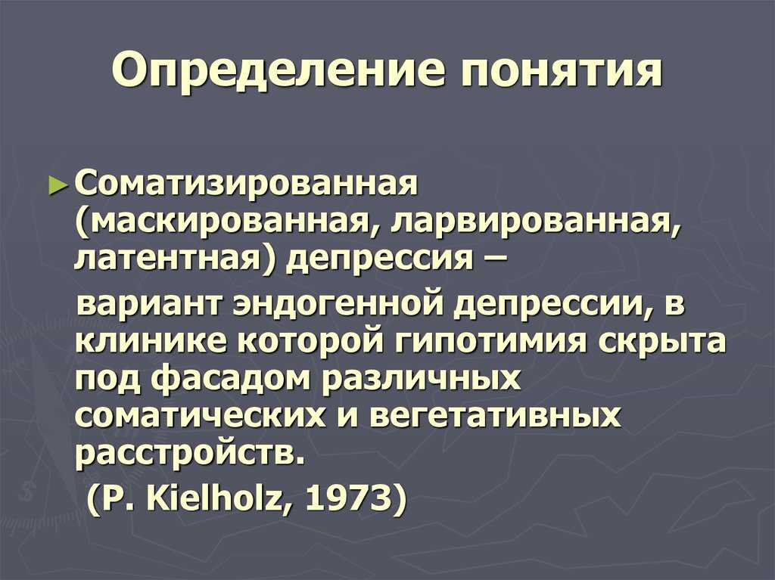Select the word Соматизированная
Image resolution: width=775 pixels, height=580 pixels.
click(246, 185)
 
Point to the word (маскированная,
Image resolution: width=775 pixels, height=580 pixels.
click(229, 225)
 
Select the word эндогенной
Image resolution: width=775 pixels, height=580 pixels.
click(339, 304)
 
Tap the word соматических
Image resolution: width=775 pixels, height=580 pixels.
click(201, 416)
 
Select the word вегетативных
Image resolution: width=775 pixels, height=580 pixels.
click(494, 416)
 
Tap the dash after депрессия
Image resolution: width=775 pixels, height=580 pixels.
click(493, 261)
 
